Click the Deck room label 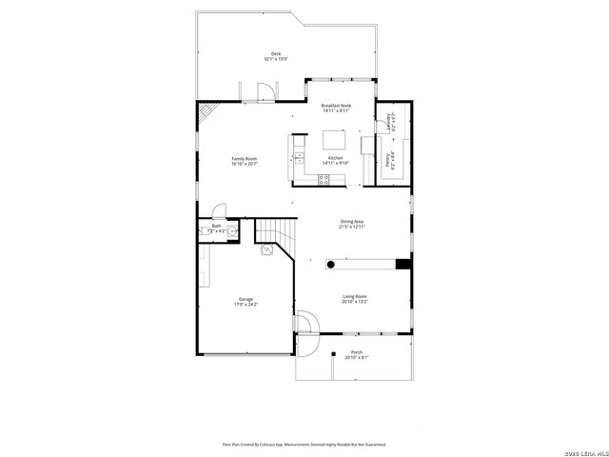[x=276, y=56]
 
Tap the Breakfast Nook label [x=336, y=108]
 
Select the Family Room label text [x=244, y=161]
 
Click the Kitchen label [x=336, y=160]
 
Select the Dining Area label [x=352, y=224]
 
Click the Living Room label [x=355, y=299]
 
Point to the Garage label [x=246, y=302]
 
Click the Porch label [x=357, y=354]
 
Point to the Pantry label [x=388, y=161]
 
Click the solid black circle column [x=332, y=263]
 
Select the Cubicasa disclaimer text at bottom [x=304, y=444]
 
